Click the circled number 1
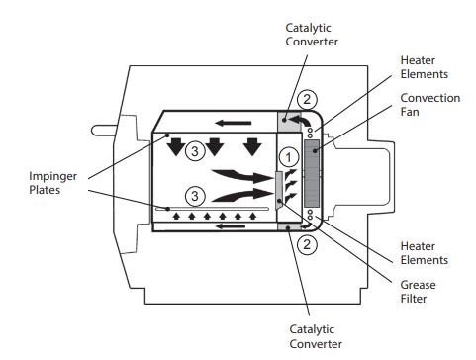[x=289, y=157]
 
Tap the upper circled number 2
[x=307, y=99]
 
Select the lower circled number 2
[x=307, y=244]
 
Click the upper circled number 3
[x=195, y=151]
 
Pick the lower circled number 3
[x=195, y=196]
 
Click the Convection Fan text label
[x=430, y=105]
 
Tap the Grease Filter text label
[x=418, y=292]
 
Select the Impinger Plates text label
[x=52, y=183]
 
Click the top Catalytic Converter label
[x=312, y=35]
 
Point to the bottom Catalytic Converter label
[x=316, y=336]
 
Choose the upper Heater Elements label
[x=425, y=67]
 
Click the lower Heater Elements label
[x=425, y=253]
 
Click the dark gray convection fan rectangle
[x=312, y=173]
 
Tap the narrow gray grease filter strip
[x=279, y=191]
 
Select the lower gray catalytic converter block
[x=289, y=226]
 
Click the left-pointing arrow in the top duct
[x=233, y=123]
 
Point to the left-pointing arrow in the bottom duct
[x=231, y=226]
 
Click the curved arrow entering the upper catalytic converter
[x=301, y=120]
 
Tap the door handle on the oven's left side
[x=103, y=130]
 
